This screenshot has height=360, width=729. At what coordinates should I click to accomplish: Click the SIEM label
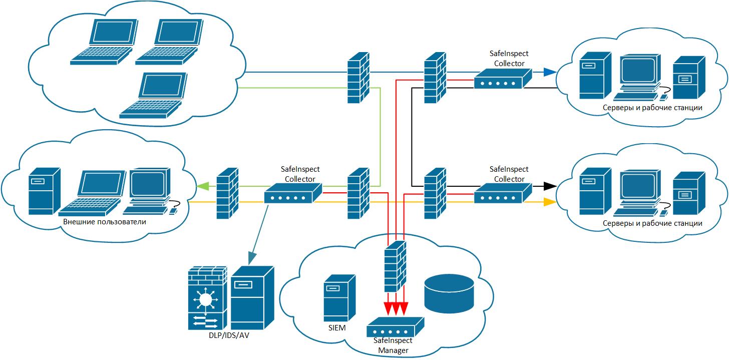coord(337,328)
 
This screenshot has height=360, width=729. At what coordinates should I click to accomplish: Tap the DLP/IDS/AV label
coord(229,335)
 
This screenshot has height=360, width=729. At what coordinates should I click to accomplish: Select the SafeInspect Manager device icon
coord(395,327)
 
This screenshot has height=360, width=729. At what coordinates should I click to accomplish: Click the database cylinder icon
coord(449,293)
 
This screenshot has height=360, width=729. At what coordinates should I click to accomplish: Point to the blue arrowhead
coord(550,72)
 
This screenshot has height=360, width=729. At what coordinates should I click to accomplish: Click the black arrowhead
coord(550,186)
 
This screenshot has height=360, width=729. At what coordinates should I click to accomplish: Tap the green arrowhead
coord(202,186)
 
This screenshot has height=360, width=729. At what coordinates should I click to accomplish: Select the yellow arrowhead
coord(550,202)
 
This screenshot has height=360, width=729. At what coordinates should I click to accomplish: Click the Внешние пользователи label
coord(105,222)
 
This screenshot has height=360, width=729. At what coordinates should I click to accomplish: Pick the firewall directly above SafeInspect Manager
coord(395,266)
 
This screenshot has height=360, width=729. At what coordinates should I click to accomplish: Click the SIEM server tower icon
coord(339,298)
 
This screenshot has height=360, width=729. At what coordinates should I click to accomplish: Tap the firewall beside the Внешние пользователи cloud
coord(227,193)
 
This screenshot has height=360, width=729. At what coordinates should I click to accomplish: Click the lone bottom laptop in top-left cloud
coord(154,95)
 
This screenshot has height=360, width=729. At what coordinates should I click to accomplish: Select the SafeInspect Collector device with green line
coord(293,193)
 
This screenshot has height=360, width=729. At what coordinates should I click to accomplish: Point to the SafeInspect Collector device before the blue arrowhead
coord(503,79)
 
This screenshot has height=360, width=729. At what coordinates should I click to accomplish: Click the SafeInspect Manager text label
coord(393,345)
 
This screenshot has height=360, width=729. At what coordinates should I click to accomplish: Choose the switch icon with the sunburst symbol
coord(208,298)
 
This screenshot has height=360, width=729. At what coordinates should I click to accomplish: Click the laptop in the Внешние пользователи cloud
coord(92,193)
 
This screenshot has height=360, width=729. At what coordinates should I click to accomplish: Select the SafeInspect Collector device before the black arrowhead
coord(503,193)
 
